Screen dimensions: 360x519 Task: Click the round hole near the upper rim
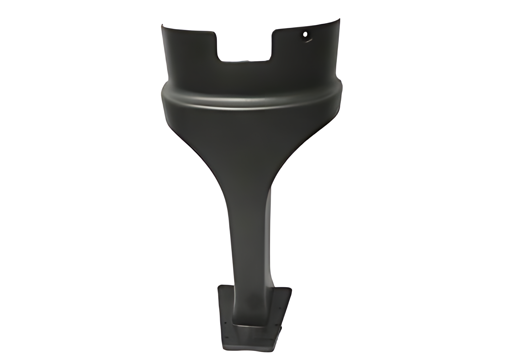coord(305,34)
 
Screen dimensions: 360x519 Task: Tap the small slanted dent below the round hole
coord(308,40)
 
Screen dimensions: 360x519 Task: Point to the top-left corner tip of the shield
coord(162,25)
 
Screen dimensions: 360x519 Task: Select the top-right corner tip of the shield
coord(339,19)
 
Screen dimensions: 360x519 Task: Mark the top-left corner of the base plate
coord(219,286)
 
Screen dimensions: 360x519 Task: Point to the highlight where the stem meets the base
coord(252,326)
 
